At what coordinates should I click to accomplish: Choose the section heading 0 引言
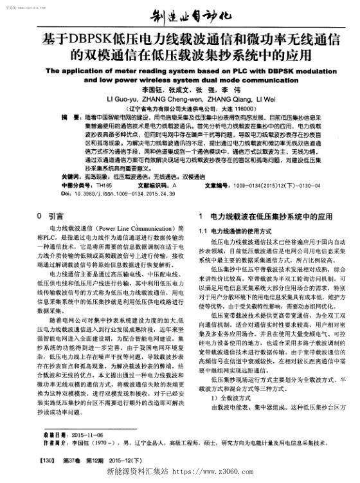(51, 217)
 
